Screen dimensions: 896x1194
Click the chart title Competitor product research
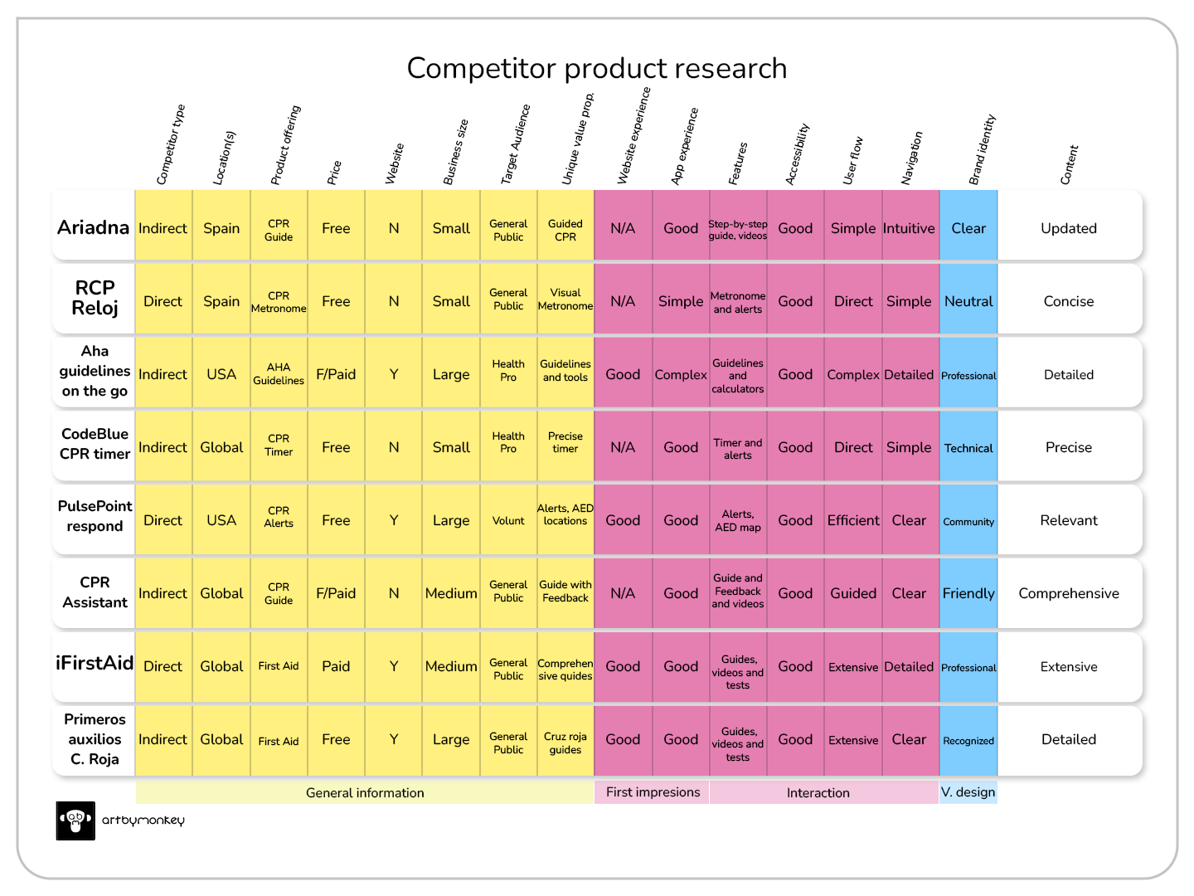point(596,68)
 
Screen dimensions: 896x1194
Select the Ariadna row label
point(94,227)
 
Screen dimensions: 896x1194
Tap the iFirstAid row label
point(95,663)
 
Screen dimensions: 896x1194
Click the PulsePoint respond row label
point(95,516)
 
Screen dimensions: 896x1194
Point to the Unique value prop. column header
point(578,139)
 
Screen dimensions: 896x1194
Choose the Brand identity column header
point(983,149)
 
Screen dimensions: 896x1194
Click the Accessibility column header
point(797,154)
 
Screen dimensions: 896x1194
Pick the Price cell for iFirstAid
point(336,666)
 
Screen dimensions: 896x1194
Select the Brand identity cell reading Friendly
point(968,593)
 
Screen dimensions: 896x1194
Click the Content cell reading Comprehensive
point(1068,593)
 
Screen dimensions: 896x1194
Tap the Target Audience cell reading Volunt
point(508,521)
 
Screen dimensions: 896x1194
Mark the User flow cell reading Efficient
point(853,520)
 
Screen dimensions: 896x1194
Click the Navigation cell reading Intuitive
point(909,228)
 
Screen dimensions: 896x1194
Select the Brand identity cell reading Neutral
point(968,301)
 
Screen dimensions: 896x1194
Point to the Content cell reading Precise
point(1068,447)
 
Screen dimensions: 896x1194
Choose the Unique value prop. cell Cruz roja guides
point(565,743)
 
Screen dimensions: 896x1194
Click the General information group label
point(365,792)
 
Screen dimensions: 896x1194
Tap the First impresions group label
point(653,792)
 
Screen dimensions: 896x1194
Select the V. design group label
point(968,792)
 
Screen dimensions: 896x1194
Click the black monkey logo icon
point(75,821)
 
